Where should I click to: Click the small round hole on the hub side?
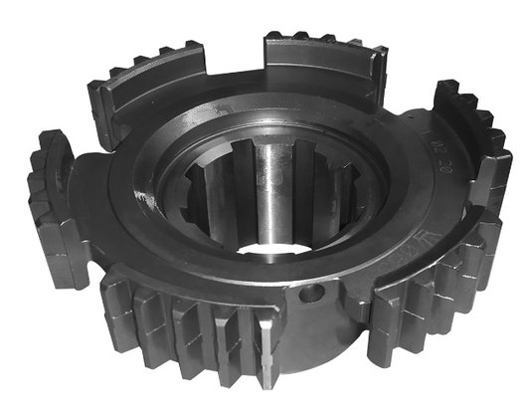(x=316, y=294)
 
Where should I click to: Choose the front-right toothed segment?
(x=433, y=299)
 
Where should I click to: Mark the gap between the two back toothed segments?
(x=235, y=60)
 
